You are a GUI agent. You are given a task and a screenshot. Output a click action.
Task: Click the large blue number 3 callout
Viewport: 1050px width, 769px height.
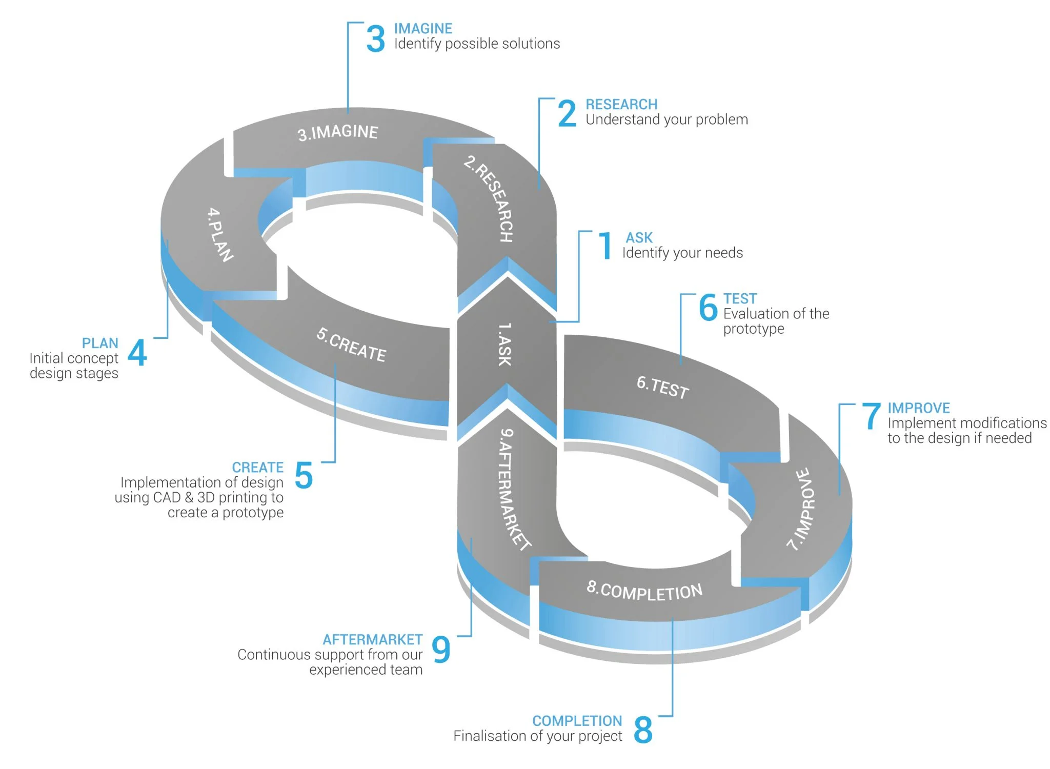[375, 39]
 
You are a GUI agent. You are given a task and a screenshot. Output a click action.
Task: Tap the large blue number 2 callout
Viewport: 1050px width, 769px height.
[567, 113]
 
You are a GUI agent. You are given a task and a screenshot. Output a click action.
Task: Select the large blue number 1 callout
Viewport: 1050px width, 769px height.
[606, 246]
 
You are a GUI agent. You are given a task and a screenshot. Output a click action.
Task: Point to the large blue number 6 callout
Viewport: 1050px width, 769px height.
[708, 307]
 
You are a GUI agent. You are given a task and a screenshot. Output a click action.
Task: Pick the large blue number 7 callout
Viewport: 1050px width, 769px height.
[871, 416]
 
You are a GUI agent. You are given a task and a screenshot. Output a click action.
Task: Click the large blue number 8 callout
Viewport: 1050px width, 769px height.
[643, 729]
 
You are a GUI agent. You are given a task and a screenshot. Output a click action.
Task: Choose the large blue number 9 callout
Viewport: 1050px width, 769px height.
[441, 649]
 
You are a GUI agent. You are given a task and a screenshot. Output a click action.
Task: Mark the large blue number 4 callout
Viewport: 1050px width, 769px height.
[137, 352]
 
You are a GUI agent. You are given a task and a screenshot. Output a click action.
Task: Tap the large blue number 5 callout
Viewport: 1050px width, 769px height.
[304, 475]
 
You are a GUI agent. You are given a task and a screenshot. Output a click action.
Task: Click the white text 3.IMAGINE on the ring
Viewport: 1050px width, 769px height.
[338, 133]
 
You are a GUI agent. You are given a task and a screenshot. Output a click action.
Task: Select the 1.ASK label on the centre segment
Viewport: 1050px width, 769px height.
[505, 344]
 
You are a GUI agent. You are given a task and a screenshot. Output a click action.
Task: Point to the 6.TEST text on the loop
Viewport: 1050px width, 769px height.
[662, 387]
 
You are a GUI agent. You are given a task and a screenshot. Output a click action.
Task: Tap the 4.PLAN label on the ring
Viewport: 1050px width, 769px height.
[220, 234]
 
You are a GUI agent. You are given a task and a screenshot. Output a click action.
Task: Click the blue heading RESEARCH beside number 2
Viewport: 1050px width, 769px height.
[621, 105]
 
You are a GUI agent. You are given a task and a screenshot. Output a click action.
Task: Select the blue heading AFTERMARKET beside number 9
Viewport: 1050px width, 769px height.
[372, 639]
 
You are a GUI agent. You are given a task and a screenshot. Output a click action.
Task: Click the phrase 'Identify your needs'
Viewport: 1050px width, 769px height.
[682, 253]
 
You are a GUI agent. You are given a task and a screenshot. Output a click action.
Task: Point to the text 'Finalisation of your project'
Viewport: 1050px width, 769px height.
[537, 736]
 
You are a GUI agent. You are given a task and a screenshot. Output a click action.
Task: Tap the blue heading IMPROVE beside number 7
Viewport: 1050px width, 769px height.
[919, 408]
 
